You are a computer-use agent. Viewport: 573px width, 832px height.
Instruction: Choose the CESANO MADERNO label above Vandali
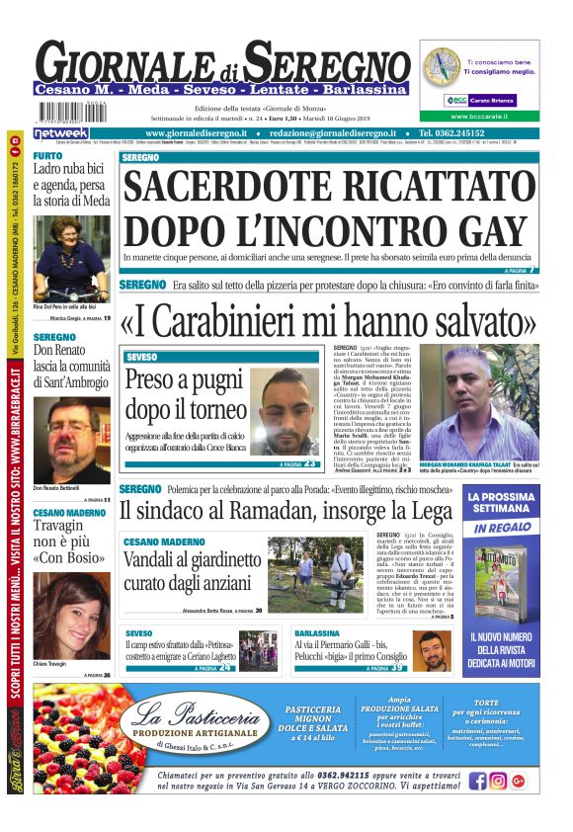coord(165,542)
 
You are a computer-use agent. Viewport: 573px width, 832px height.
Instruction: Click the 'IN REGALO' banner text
coord(502,529)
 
